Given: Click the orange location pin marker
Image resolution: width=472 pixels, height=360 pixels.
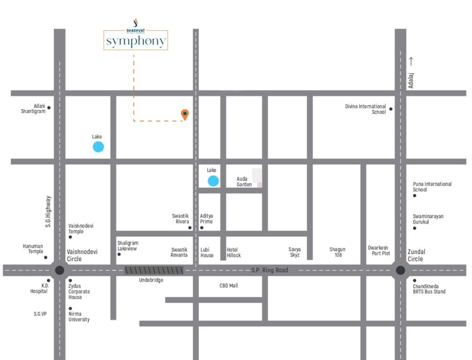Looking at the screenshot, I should [x=185, y=114].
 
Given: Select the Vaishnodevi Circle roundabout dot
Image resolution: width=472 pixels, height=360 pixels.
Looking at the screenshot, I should [x=60, y=270].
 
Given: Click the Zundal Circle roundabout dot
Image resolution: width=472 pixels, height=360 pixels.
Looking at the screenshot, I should [x=400, y=270].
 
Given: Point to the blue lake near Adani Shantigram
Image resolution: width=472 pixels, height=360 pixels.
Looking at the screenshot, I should [x=98, y=147].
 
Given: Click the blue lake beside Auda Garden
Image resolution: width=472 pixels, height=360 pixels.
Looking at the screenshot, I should [x=213, y=181].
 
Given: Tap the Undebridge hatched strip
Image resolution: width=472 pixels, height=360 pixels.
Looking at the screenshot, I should [x=154, y=270].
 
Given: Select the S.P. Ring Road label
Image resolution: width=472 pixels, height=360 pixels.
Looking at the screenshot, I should [x=269, y=270].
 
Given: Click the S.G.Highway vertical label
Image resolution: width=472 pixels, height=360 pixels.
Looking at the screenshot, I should [x=48, y=211].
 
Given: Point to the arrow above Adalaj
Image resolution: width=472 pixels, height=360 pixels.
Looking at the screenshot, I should [x=411, y=61].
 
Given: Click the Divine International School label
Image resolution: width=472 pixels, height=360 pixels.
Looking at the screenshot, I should [x=365, y=109].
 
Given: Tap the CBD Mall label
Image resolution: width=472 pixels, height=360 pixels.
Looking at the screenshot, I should [x=228, y=285].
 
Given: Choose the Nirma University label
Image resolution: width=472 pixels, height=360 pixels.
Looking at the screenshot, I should [x=79, y=317].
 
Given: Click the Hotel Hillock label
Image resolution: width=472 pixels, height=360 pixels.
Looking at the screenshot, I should [x=234, y=253].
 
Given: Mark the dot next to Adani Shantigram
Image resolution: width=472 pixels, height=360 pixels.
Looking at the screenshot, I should [x=49, y=108].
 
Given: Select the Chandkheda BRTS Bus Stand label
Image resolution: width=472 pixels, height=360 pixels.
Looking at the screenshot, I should [x=429, y=289].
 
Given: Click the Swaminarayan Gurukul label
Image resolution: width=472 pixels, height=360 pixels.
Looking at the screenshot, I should [x=428, y=219].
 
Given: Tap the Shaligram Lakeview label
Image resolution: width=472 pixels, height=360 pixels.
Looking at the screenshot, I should [x=128, y=246].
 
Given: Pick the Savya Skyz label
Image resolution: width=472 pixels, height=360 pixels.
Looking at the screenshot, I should [x=294, y=252].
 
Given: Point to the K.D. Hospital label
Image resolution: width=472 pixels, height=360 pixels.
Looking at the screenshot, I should [x=39, y=288].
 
